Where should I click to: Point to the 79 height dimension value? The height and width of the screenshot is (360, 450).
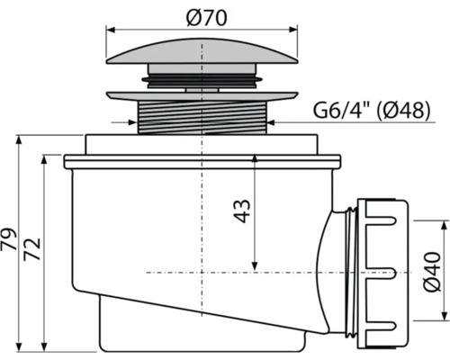point(11,242)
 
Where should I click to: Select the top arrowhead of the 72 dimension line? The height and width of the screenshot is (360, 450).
point(42,160)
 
